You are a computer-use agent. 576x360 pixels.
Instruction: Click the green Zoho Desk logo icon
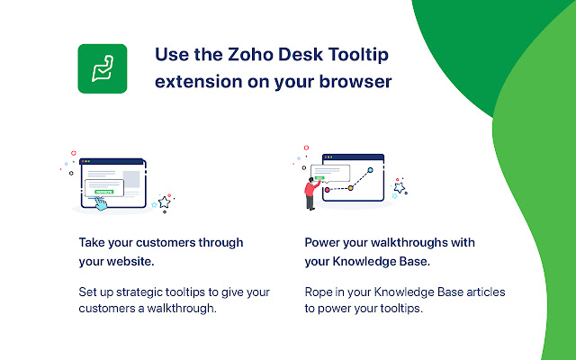[x=102, y=68]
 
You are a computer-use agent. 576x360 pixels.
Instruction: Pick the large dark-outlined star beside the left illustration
[x=165, y=202]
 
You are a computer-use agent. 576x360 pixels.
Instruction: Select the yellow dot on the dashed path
[x=350, y=189]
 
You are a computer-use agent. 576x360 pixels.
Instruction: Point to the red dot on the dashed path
[x=328, y=189]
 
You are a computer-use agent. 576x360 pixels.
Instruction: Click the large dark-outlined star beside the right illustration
[x=400, y=188]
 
